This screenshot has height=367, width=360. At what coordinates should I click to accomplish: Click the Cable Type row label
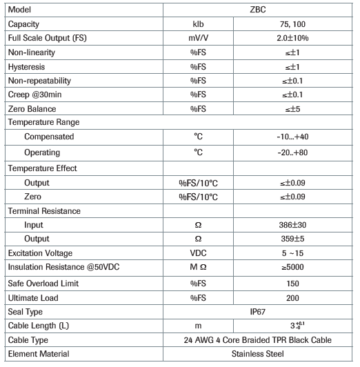pos(29,339)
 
